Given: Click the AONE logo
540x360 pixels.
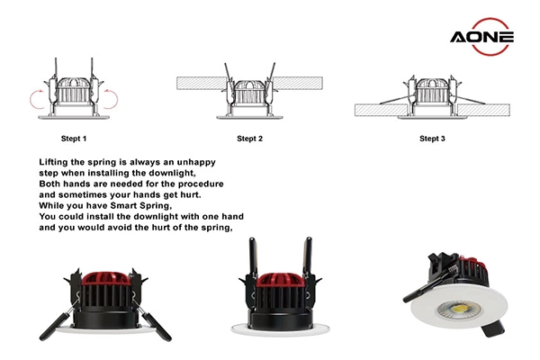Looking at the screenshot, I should click(482, 37).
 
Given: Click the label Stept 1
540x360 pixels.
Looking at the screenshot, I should click(73, 139).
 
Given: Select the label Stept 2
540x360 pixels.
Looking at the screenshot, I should click(249, 139).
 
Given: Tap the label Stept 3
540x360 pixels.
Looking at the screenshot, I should click(433, 139).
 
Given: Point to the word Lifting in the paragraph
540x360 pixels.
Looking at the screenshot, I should click(57, 160).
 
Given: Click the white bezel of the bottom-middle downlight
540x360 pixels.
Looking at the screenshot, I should click(277, 328).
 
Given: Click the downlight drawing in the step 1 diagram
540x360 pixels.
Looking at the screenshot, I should click(75, 94).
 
